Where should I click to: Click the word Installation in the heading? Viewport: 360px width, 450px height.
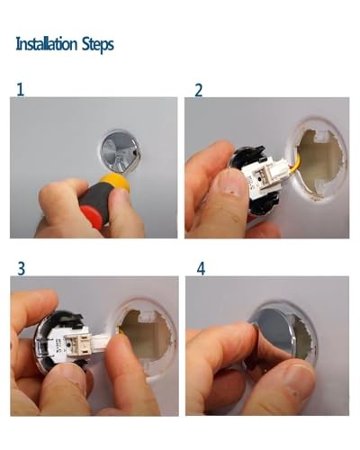click(x=47, y=44)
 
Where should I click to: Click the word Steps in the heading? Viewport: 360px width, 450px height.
click(x=98, y=45)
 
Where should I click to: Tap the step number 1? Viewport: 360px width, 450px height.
click(x=20, y=90)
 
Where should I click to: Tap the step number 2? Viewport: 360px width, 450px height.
click(x=198, y=90)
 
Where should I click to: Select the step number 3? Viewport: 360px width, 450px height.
click(x=21, y=268)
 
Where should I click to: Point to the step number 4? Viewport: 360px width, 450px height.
click(x=201, y=268)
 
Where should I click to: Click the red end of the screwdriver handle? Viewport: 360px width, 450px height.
click(x=93, y=217)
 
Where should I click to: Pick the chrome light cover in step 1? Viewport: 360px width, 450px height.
click(x=120, y=150)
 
